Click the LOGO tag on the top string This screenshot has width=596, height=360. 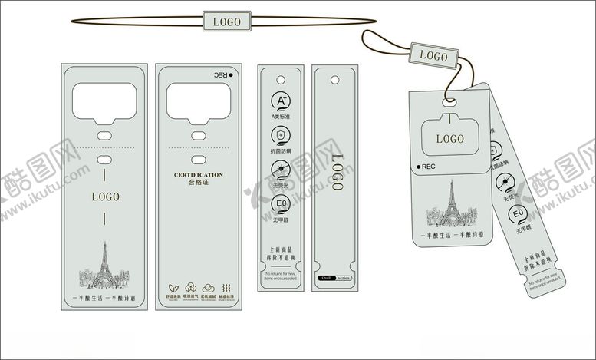pyautogui.click(x=227, y=21)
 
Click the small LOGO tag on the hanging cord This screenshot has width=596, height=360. pyautogui.click(x=433, y=56)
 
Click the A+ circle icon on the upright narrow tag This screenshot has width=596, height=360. pyautogui.click(x=281, y=101)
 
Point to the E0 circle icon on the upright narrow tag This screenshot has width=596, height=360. pyautogui.click(x=281, y=203)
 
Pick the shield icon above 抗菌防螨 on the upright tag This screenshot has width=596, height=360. pyautogui.click(x=281, y=136)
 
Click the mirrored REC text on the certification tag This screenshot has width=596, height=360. pyautogui.click(x=221, y=75)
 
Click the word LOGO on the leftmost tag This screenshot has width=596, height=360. pyautogui.click(x=105, y=197)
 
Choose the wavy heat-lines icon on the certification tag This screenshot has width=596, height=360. pyautogui.click(x=226, y=283)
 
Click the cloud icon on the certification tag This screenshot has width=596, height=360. pyautogui.click(x=208, y=283)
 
